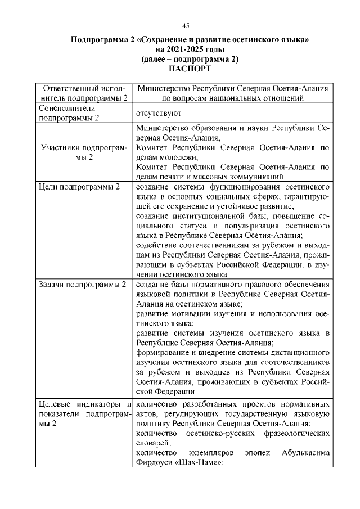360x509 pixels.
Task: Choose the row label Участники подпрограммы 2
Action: [x=83, y=153]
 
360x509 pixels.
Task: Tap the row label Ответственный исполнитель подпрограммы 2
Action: [x=83, y=93]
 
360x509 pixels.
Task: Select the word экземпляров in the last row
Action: [x=214, y=453]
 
